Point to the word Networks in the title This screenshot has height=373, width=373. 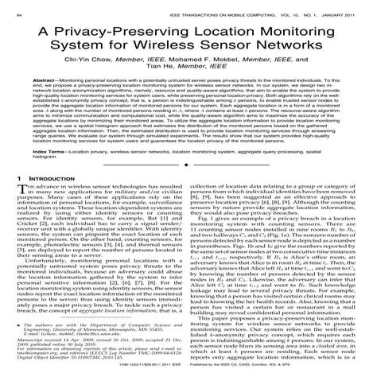[286, 51]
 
